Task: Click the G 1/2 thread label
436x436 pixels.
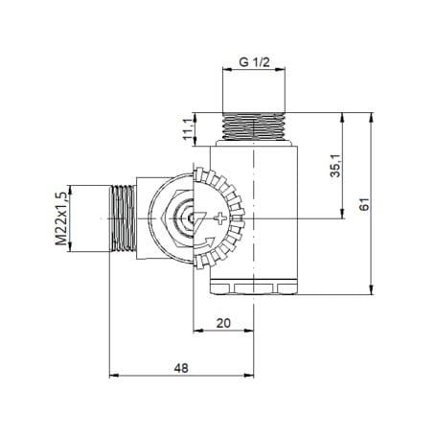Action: (254, 62)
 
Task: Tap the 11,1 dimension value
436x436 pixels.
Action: (188, 128)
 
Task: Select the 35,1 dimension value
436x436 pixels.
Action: (335, 165)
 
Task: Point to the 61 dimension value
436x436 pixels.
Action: (364, 204)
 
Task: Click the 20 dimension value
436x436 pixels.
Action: (223, 323)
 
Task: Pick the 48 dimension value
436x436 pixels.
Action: (181, 368)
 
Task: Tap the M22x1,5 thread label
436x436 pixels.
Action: (61, 218)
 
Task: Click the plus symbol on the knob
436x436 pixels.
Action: (220, 218)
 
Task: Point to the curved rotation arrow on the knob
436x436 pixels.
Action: (205, 244)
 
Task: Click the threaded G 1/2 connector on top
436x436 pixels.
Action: (253, 126)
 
